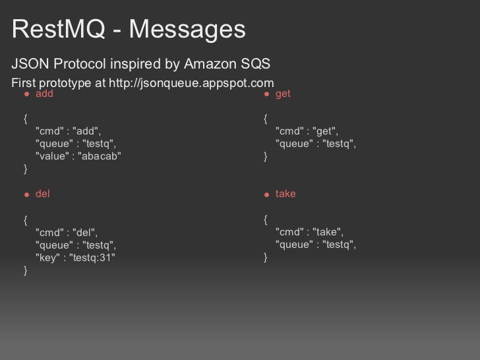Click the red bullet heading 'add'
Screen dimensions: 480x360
click(x=44, y=94)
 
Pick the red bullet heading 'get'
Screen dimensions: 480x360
click(x=283, y=94)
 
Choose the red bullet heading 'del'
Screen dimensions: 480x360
click(x=42, y=195)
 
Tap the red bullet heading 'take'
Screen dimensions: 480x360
click(x=285, y=195)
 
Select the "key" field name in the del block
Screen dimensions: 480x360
click(x=46, y=257)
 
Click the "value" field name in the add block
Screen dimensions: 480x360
click(x=51, y=156)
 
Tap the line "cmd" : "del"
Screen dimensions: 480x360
click(x=67, y=232)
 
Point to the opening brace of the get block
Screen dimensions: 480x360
click(x=264, y=119)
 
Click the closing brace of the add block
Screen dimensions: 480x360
click(x=25, y=169)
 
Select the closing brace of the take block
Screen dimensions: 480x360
click(x=264, y=257)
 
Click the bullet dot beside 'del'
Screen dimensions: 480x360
click(x=27, y=195)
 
